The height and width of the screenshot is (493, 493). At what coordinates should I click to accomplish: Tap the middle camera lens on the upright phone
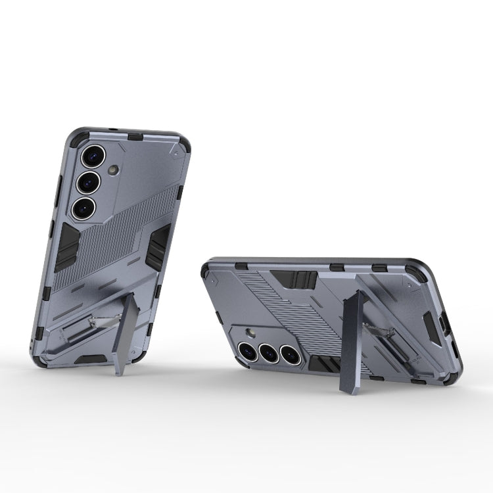pos(88,182)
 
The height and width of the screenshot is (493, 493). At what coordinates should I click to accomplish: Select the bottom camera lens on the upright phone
pos(84,208)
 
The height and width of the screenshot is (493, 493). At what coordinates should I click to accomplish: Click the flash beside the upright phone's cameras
pos(113,171)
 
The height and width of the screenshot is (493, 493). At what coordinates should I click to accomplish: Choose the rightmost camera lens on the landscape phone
pos(291,356)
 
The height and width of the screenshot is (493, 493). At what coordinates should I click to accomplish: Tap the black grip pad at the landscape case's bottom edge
pos(323,364)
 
